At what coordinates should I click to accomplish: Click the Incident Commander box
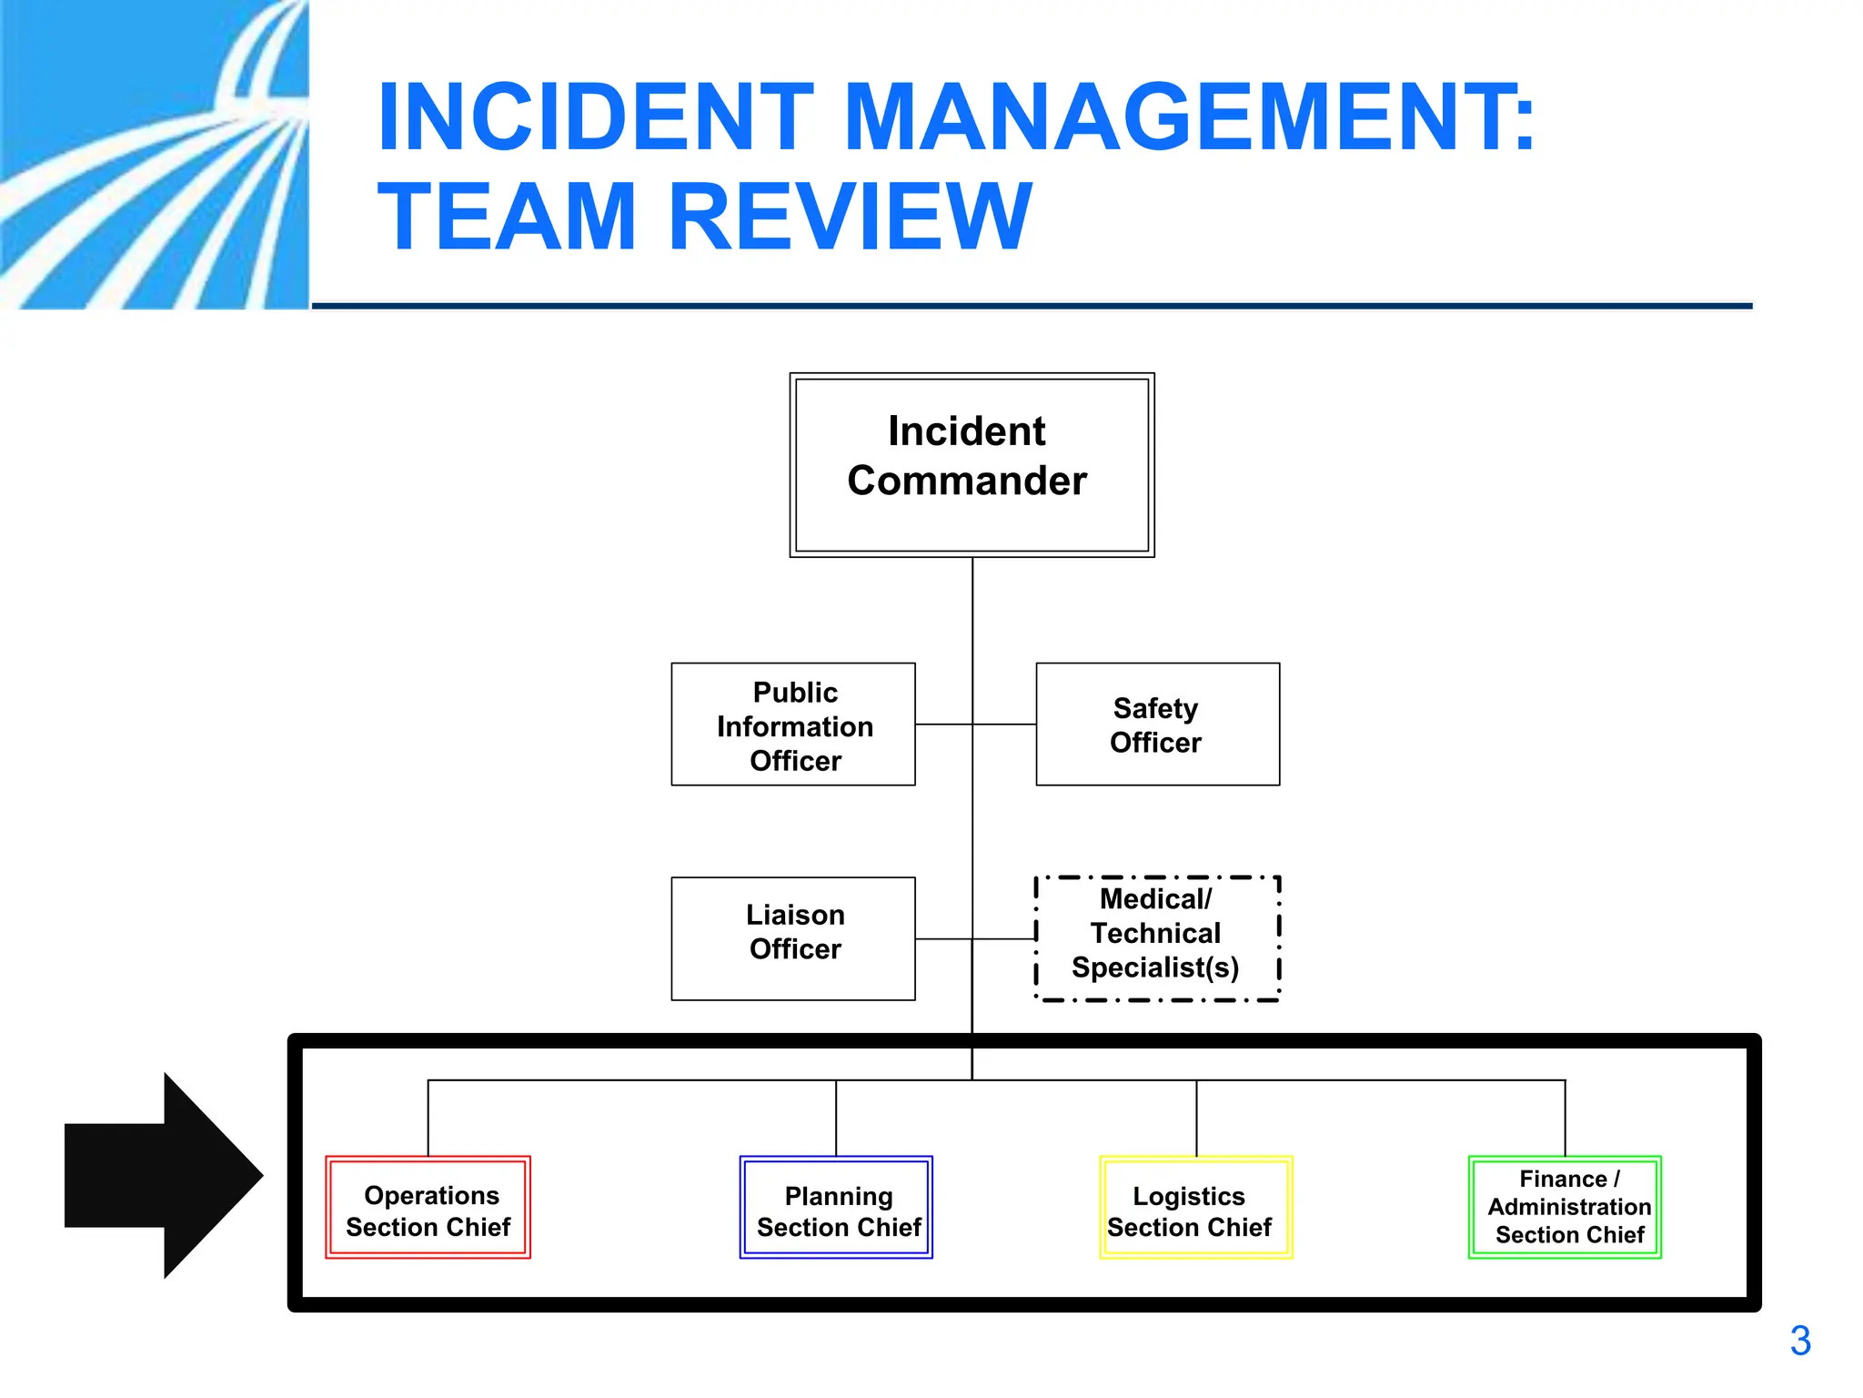click(x=972, y=464)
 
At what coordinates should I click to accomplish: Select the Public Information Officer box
click(x=793, y=724)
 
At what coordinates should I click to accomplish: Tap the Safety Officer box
click(x=1157, y=724)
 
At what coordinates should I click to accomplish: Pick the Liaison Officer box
click(x=793, y=938)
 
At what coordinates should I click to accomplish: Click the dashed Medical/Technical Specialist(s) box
click(x=1157, y=938)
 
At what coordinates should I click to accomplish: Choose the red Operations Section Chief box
click(x=428, y=1208)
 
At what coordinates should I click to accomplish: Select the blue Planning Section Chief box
click(x=836, y=1208)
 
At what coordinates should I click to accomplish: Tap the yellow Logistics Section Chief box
click(x=1195, y=1208)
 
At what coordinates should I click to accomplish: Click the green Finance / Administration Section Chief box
click(x=1565, y=1208)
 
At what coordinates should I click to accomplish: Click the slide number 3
click(x=1800, y=1341)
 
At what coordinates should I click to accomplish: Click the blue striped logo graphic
click(x=155, y=155)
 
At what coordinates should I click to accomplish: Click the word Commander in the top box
click(x=967, y=481)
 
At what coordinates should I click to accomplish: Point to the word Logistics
click(x=1188, y=1196)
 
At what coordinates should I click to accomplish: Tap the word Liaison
click(x=795, y=915)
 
